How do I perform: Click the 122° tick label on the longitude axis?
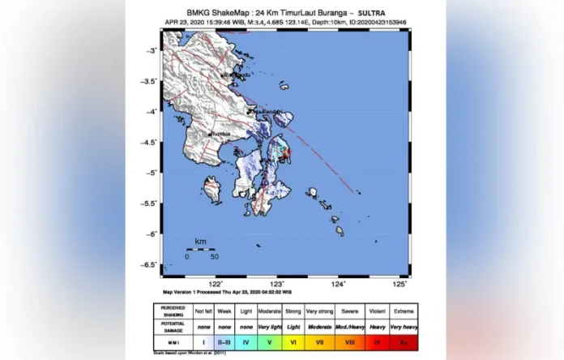(x=216, y=284)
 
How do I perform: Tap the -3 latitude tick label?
(x=151, y=50)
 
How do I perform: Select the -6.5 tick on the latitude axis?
(x=148, y=264)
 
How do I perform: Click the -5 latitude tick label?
(x=151, y=173)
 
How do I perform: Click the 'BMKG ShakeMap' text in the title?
(x=212, y=13)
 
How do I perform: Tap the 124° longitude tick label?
(x=338, y=284)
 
